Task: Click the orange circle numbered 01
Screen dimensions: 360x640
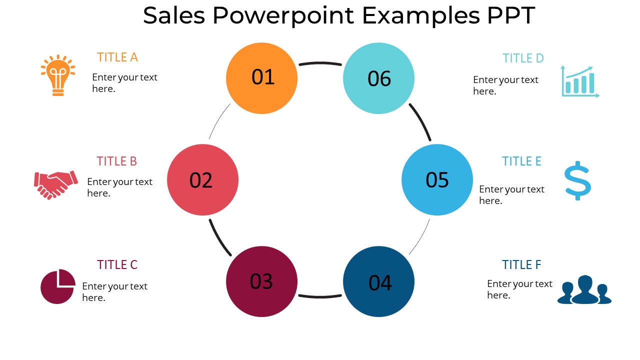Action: click(x=261, y=78)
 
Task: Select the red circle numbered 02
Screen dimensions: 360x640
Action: click(x=202, y=180)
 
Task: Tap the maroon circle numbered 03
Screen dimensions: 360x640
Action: click(x=261, y=281)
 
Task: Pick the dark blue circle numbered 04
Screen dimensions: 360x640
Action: click(x=378, y=281)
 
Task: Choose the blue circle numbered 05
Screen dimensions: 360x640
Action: click(x=437, y=180)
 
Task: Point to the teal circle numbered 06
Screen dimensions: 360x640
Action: click(x=378, y=78)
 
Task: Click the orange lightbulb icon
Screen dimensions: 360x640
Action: click(x=58, y=75)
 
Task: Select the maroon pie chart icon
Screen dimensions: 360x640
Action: click(x=57, y=286)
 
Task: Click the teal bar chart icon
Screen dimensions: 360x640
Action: click(x=579, y=81)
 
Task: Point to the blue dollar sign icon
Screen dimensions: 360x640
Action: click(x=577, y=180)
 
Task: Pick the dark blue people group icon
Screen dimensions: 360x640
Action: click(x=584, y=290)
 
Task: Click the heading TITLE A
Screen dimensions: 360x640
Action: click(x=117, y=57)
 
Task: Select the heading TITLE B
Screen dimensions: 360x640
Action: click(x=116, y=161)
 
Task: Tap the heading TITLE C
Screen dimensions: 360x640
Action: click(x=117, y=265)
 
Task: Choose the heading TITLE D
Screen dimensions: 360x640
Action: click(x=523, y=58)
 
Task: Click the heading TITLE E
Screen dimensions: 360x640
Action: click(x=521, y=161)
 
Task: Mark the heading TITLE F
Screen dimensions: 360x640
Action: click(x=521, y=265)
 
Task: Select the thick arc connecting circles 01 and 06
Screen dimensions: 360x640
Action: click(x=320, y=63)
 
